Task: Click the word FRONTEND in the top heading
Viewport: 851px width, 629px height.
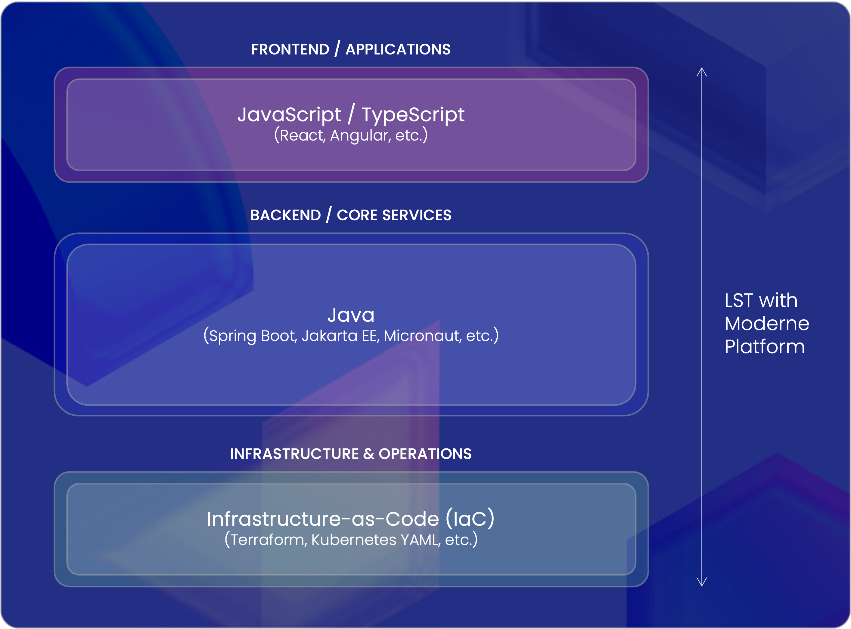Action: (x=290, y=49)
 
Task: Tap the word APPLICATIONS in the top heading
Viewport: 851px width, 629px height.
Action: (x=398, y=49)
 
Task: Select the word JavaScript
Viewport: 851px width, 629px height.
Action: (x=289, y=114)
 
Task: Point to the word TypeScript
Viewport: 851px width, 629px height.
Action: (x=413, y=114)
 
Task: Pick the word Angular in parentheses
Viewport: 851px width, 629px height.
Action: (x=360, y=135)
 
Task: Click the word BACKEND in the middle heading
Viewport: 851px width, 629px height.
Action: (x=286, y=215)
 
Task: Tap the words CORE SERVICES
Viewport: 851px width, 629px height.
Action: (x=394, y=215)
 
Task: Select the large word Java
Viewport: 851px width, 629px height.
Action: (x=351, y=315)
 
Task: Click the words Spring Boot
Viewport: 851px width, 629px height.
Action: (x=252, y=336)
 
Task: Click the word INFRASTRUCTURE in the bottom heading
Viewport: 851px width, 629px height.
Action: (x=294, y=454)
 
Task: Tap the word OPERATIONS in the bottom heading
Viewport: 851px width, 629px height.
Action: (x=425, y=454)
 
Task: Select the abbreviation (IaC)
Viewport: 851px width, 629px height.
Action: (x=470, y=519)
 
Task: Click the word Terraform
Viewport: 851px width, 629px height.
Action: (x=268, y=540)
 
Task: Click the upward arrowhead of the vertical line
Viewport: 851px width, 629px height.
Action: (x=702, y=72)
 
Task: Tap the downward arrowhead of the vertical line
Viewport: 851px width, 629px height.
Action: (x=702, y=582)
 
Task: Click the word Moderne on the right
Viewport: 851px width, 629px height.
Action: (x=766, y=324)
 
